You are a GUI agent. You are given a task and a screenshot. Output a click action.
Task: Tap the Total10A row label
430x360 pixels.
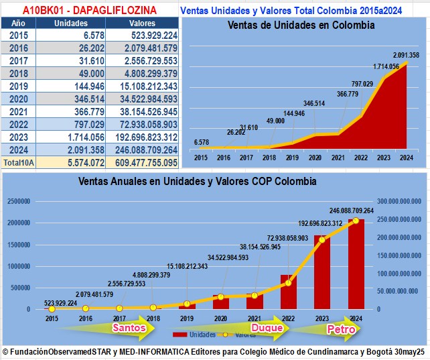point(19,162)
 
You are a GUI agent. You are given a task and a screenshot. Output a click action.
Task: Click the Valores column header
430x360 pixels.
point(141,23)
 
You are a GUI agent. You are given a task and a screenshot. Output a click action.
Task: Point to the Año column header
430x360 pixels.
point(19,23)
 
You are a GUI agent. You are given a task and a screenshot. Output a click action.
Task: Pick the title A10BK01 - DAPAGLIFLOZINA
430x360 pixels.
point(89,10)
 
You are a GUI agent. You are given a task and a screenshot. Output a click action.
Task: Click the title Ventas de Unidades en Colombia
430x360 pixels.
point(301,25)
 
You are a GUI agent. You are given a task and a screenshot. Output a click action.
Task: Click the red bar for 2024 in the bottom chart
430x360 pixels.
point(356,268)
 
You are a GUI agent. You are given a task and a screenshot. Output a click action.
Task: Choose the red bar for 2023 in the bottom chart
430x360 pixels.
point(322,275)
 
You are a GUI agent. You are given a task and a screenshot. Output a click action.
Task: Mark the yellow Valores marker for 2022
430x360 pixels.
point(289,282)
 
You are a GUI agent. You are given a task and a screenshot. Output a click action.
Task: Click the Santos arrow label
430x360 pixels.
point(129,328)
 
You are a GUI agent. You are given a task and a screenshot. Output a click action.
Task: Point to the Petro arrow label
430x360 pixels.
point(340,329)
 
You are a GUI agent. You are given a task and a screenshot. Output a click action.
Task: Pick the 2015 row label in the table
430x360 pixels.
point(19,35)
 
